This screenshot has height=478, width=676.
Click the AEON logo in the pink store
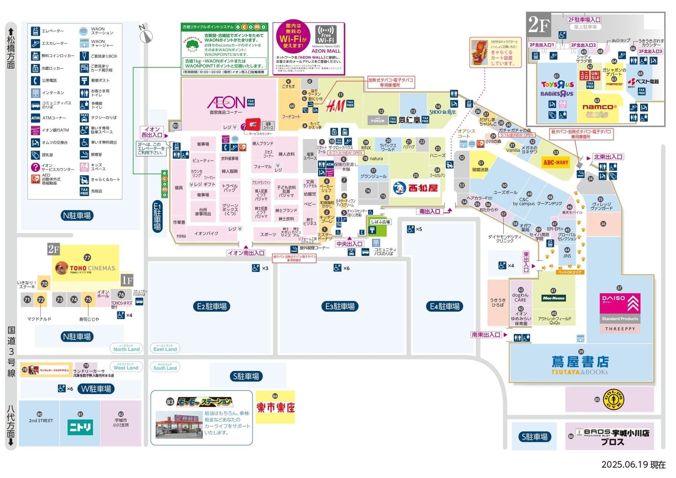coord(226,102)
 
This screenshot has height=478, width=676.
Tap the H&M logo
coord(335,106)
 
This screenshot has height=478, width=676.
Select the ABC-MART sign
coord(555,163)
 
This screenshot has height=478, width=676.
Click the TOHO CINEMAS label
coord(92,268)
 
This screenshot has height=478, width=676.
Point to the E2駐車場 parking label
coord(212,306)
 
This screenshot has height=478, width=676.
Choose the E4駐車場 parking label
coord(445,306)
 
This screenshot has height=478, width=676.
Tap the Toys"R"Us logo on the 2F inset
coord(557,85)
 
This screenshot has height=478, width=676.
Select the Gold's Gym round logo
coord(613,399)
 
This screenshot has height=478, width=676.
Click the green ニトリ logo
coord(80,427)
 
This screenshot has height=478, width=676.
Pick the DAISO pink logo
coord(620,303)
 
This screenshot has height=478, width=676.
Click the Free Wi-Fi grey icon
coord(326,35)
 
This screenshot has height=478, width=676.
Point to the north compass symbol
coord(146,36)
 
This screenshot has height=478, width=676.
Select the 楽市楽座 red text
coord(275,408)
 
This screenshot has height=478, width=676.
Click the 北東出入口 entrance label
coord(608,157)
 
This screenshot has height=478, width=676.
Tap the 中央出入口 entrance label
coord(349,244)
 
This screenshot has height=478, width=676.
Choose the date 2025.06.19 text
coord(633,465)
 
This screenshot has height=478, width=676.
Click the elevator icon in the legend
coord(35,31)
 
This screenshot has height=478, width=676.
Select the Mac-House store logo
coord(553,298)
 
